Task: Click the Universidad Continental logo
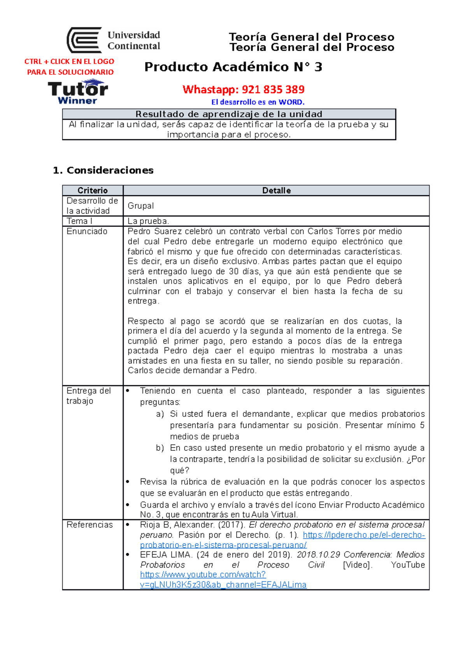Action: (113, 40)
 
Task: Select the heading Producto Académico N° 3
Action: (233, 67)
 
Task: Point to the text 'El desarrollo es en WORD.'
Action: (258, 102)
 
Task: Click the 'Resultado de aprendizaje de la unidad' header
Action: (229, 114)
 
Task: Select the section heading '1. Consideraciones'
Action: (103, 170)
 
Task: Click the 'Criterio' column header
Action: (93, 190)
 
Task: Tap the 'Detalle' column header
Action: (276, 190)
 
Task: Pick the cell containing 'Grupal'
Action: (141, 206)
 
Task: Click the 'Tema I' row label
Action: (79, 221)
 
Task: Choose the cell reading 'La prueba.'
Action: (148, 221)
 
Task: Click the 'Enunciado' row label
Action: (87, 231)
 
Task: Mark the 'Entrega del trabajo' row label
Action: (88, 396)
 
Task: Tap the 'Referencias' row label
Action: (90, 525)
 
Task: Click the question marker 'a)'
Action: (160, 414)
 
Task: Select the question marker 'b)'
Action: (160, 448)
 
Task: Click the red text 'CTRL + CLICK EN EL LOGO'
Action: (69, 62)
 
